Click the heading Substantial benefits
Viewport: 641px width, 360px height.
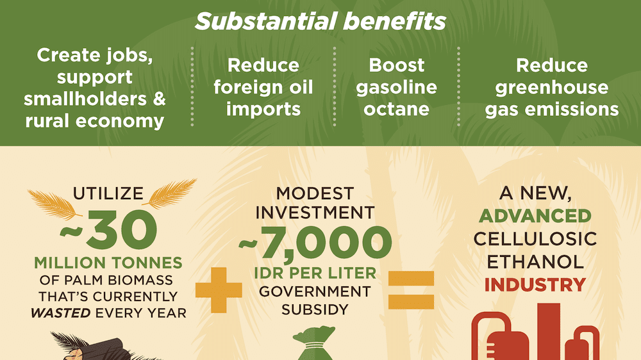(320, 21)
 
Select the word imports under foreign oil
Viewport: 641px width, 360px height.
(263, 110)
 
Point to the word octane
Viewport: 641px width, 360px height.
(396, 109)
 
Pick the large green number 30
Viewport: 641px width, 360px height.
(122, 230)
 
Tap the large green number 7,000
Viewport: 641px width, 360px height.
(326, 243)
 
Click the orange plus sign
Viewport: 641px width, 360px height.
(219, 290)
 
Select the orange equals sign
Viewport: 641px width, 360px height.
(411, 290)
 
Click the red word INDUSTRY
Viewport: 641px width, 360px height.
(535, 285)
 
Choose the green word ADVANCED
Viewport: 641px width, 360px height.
(535, 216)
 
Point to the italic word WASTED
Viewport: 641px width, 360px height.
(60, 313)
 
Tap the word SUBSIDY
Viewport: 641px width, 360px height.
(315, 309)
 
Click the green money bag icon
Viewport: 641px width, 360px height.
(315, 343)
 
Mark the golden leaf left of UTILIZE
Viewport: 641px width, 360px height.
(53, 204)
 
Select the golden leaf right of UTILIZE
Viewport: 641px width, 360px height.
(170, 193)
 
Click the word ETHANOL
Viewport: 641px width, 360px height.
(535, 262)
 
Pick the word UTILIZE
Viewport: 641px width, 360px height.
(108, 193)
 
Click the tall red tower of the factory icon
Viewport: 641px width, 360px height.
(549, 331)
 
